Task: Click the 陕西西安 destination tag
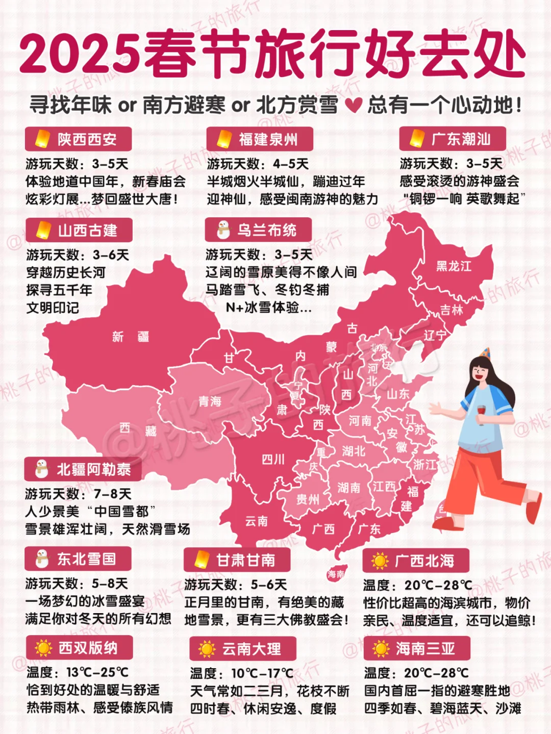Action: [79, 139]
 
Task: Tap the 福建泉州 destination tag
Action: [260, 139]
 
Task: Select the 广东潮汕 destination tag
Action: [453, 139]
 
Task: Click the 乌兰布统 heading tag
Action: [259, 230]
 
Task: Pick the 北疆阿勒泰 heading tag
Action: [83, 469]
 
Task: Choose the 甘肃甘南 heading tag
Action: [237, 560]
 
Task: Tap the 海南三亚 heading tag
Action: [417, 648]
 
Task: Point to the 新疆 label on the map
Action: [131, 337]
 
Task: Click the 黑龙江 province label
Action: [454, 266]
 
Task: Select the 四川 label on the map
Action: [273, 459]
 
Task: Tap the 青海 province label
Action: [210, 401]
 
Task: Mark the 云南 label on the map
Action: [256, 521]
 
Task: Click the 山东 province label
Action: [398, 394]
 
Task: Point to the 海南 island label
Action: [336, 574]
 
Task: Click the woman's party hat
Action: [485, 353]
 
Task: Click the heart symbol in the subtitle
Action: [353, 105]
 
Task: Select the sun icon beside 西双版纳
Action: [43, 648]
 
